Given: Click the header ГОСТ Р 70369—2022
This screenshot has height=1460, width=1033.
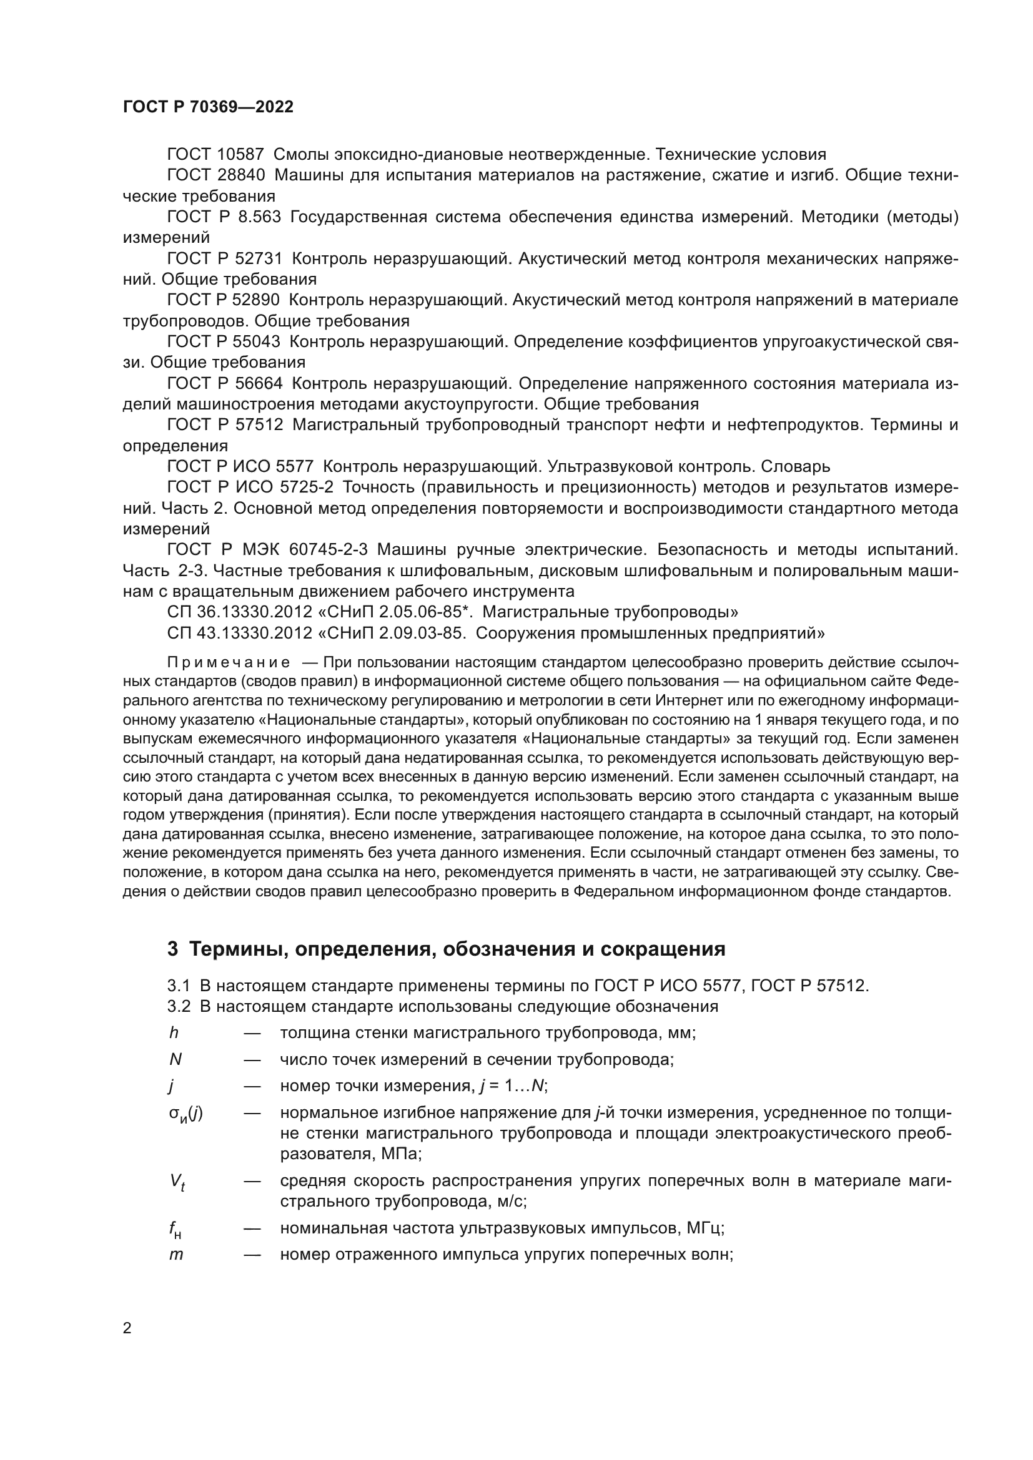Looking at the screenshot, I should click(208, 107).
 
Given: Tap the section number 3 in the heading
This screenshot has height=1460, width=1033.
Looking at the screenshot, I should click(172, 949).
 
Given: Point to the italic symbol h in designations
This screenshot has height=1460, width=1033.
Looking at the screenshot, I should click(173, 1032).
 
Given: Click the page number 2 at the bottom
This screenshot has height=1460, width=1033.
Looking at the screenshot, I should click(127, 1328).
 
